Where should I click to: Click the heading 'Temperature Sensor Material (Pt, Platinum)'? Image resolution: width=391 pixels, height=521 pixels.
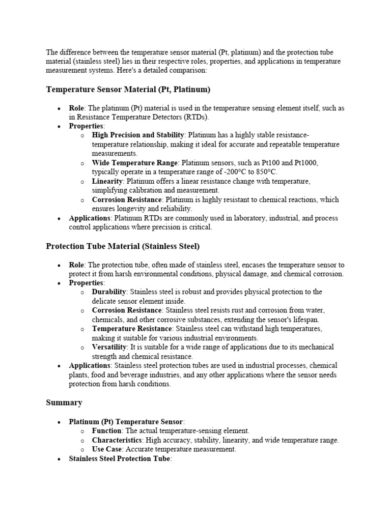coord(128,90)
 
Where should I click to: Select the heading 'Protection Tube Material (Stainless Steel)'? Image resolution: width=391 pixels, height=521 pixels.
coord(123,246)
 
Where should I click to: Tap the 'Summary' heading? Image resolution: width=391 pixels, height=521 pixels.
coord(64,402)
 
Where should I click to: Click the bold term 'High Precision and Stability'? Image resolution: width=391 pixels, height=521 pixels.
coord(138,135)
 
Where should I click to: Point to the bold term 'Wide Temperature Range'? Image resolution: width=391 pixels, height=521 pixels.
coord(135,163)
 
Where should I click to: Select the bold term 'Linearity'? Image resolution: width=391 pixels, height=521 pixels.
coord(107,181)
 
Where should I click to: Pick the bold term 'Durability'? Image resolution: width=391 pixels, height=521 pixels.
coord(109,292)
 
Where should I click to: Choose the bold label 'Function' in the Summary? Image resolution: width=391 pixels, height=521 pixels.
coord(106,431)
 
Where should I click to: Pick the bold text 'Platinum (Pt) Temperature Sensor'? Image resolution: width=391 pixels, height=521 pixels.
coord(126,422)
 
